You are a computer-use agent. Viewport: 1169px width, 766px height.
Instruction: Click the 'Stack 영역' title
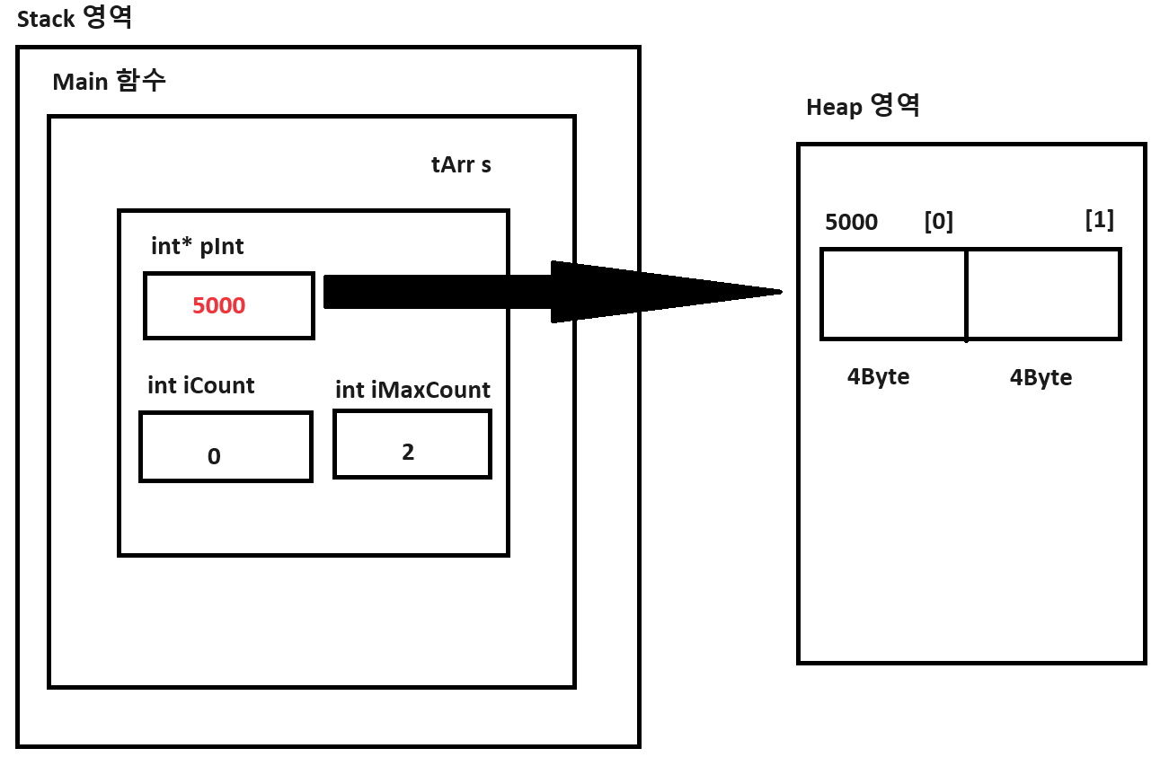point(75,19)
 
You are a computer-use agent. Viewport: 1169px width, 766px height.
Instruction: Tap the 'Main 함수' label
point(109,82)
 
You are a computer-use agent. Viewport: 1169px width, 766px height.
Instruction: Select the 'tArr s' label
point(461,165)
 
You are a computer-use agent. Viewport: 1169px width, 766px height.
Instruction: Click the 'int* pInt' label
point(198,247)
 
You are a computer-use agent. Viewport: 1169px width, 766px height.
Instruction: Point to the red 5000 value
point(218,306)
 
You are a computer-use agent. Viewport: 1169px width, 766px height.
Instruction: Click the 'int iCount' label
point(200,386)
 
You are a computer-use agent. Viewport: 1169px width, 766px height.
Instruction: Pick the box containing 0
point(226,447)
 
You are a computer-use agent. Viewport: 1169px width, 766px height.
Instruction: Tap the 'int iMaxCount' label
point(412,391)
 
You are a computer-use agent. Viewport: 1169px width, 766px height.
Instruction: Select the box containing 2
point(412,445)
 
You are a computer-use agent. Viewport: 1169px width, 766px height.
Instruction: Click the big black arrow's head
point(665,291)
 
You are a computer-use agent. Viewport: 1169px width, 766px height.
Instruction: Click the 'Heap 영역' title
point(863,107)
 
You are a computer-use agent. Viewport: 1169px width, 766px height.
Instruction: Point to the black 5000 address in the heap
point(851,223)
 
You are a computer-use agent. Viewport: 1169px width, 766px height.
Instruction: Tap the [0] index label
point(938,221)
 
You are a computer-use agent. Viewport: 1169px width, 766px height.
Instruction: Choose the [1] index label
point(1099,220)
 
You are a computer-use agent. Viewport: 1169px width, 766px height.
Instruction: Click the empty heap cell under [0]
point(893,295)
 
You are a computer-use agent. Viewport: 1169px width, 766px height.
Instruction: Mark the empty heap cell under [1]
point(1042,295)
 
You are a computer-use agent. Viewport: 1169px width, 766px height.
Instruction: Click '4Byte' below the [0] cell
point(878,377)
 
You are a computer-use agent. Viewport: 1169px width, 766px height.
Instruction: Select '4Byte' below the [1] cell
point(1041,378)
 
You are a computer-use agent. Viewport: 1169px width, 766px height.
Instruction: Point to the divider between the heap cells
point(966,295)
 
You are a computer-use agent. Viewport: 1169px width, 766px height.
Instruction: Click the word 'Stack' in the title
point(46,20)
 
